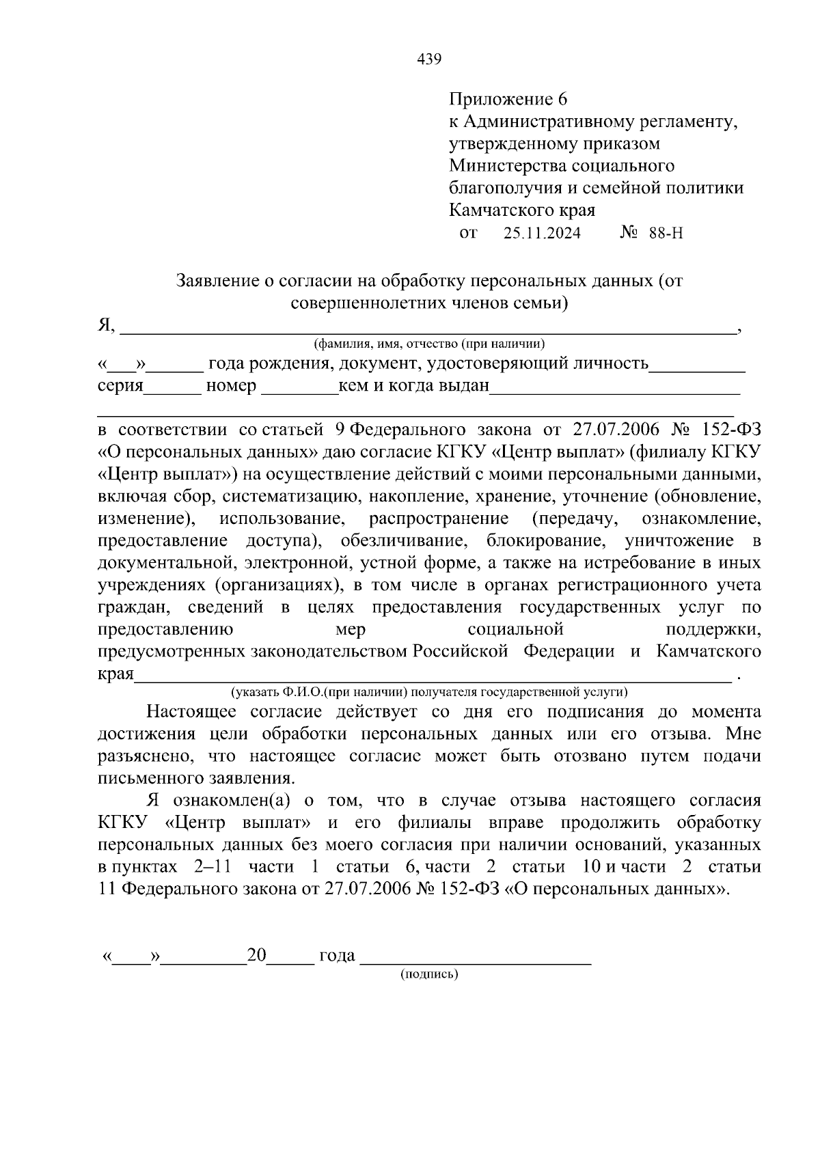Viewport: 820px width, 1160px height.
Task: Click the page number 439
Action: click(429, 59)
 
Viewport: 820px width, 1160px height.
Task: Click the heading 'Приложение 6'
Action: click(508, 100)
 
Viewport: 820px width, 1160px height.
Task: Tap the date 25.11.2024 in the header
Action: click(542, 234)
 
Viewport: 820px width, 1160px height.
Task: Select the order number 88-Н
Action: click(666, 234)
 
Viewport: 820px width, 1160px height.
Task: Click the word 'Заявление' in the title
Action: click(218, 280)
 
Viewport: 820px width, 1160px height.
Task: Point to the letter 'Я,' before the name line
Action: click(107, 325)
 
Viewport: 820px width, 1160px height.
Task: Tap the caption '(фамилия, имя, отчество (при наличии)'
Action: click(429, 344)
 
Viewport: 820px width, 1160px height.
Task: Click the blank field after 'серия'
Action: click(173, 390)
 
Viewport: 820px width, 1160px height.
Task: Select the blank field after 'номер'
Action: click(299, 390)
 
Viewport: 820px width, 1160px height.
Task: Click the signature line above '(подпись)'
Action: click(475, 960)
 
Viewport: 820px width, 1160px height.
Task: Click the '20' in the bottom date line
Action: click(257, 955)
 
